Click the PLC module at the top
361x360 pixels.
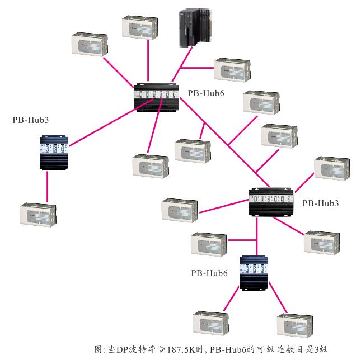coord(193,30)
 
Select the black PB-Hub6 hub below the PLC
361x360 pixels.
coord(157,97)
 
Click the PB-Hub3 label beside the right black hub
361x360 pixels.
coord(320,203)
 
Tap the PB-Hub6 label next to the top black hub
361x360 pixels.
coord(205,93)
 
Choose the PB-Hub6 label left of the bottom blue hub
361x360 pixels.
coord(209,273)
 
